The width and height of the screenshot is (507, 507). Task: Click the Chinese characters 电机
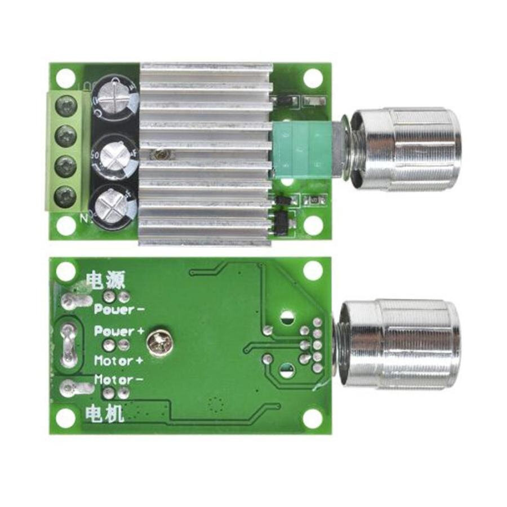(x=104, y=415)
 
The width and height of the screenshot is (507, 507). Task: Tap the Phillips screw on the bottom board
(x=156, y=341)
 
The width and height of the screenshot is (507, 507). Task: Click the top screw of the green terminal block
(x=67, y=104)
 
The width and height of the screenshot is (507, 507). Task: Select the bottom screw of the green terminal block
(x=67, y=195)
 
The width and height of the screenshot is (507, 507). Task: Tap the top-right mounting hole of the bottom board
(x=312, y=271)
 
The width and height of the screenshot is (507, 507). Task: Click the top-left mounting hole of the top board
(x=66, y=77)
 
